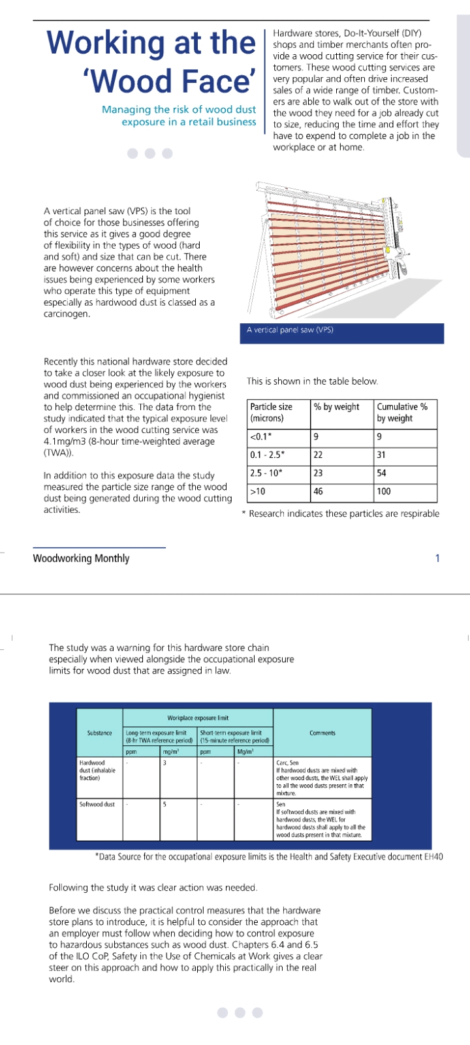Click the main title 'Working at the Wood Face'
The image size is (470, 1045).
point(151,62)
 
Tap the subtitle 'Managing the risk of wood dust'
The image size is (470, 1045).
point(178,110)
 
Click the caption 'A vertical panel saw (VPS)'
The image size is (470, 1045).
point(290,330)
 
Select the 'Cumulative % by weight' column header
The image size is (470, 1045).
point(401,412)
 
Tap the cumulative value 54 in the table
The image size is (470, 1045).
point(382,473)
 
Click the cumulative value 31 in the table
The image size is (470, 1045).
point(381,455)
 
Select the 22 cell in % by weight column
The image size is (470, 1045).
point(319,455)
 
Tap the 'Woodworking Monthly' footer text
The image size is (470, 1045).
point(81,558)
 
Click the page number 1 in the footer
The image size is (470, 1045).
point(437,558)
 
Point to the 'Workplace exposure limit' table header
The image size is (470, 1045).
point(198,718)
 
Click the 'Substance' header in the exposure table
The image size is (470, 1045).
point(99,733)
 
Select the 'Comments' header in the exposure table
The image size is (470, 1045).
point(322,733)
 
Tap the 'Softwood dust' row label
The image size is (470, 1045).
point(97,805)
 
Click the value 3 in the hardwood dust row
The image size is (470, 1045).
point(164,763)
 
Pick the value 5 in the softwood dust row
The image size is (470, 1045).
point(164,805)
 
